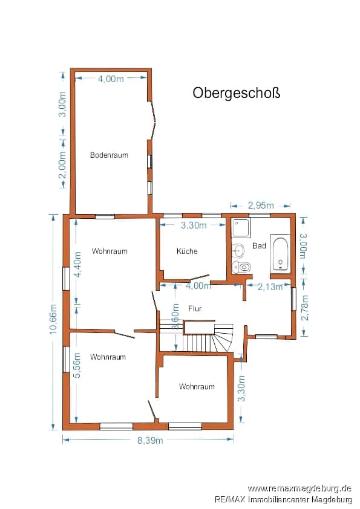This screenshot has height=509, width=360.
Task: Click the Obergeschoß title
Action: pos(236,93)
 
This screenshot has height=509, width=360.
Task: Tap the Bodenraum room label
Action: pos(109,155)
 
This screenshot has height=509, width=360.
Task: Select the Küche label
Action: pos(187,251)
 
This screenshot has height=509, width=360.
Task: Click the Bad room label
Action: pos(259,246)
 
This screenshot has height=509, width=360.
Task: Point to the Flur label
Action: pos(195,308)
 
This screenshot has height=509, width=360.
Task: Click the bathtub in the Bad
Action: pos(280,254)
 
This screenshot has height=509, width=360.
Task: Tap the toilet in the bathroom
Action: pos(242,267)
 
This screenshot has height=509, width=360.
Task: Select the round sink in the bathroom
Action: pos(238,250)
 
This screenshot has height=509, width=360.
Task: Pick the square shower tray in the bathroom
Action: pos(241,228)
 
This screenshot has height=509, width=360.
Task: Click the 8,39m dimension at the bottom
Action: pos(150,440)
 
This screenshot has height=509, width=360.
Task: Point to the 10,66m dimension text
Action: pos(54,319)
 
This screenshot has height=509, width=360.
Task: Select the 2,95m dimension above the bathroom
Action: pos(261,205)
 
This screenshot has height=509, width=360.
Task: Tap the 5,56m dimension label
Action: pos(78,365)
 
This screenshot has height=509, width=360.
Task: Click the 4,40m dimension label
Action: pos(78,265)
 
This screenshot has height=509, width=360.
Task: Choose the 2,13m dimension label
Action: pos(270,287)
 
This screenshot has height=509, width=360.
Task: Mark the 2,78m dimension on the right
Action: pos(305,308)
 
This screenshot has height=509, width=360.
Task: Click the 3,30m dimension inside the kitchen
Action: pos(194,225)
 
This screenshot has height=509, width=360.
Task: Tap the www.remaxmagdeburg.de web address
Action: pos(299,488)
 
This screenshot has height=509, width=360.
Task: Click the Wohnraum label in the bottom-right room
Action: pos(197,386)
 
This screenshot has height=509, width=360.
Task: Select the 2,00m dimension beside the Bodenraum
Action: pos(62,165)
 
